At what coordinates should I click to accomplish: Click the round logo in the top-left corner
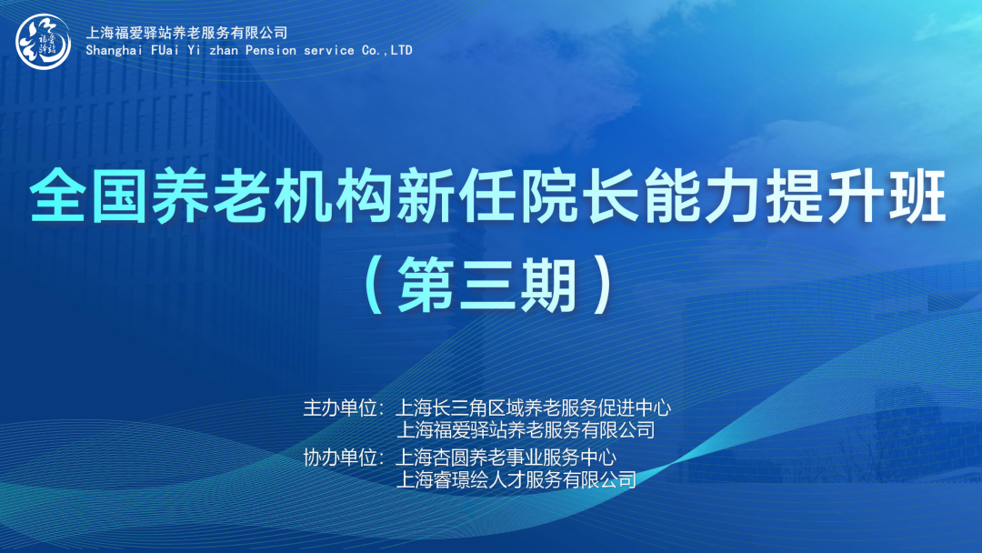44,41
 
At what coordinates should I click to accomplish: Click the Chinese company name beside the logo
186,33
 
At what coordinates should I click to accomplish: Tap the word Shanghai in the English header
115,51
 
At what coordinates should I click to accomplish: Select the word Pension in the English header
271,50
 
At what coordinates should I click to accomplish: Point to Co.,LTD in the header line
387,50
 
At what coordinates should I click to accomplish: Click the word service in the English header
329,50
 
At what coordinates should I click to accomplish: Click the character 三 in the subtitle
488,286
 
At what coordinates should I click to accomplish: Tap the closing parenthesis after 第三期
603,286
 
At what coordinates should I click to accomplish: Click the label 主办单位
340,407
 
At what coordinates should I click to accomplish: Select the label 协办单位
340,457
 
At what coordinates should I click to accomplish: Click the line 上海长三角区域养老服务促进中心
533,407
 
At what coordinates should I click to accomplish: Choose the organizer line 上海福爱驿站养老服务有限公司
526,430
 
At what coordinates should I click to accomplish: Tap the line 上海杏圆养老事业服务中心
506,457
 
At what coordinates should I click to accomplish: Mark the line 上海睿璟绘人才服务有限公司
516,480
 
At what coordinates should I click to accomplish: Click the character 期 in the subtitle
549,286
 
